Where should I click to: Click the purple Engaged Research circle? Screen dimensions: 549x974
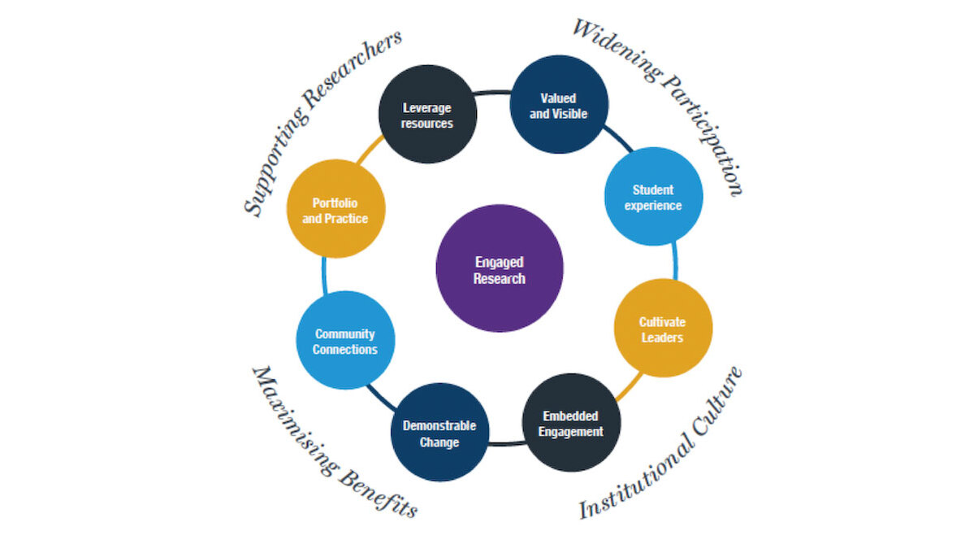click(x=499, y=268)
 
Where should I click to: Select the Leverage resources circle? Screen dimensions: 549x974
click(x=427, y=115)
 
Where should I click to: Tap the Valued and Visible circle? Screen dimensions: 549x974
click(x=558, y=105)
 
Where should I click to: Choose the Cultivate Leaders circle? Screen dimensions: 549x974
click(x=662, y=329)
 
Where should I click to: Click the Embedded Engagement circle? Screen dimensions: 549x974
click(x=571, y=423)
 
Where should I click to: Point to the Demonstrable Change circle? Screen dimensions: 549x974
click(x=439, y=434)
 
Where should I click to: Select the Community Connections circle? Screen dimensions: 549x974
click(x=345, y=341)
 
